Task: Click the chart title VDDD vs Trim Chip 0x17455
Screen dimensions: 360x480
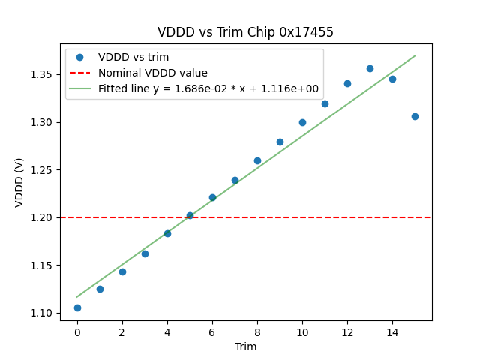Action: click(x=245, y=32)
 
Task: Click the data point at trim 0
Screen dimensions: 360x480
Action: click(x=77, y=307)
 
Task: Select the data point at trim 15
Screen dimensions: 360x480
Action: click(x=415, y=116)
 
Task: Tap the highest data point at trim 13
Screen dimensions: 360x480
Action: click(x=370, y=68)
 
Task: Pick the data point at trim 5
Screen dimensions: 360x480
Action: click(x=190, y=215)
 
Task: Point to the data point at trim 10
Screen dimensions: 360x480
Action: click(x=302, y=122)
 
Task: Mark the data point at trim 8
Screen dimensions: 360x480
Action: click(x=257, y=160)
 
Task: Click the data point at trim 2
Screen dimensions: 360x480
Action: click(x=122, y=271)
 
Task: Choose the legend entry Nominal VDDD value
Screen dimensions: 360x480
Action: click(x=152, y=73)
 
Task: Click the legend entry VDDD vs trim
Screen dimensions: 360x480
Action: click(x=133, y=58)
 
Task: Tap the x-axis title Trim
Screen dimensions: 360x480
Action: click(x=245, y=346)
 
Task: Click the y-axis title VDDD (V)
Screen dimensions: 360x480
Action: click(x=19, y=182)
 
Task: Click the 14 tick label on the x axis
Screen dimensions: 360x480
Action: click(x=392, y=331)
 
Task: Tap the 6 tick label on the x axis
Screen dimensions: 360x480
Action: click(x=212, y=331)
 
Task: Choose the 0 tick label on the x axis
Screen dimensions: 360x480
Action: click(x=77, y=331)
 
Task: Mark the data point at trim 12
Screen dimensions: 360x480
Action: click(x=347, y=83)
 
